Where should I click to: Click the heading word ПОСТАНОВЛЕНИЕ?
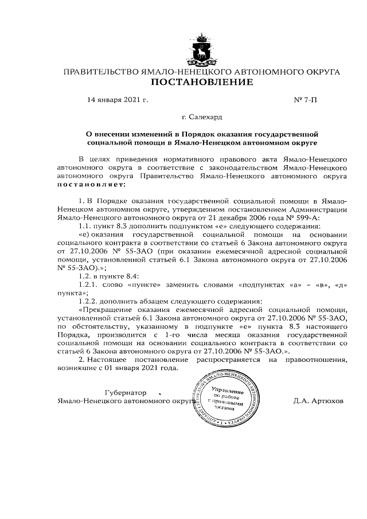(201, 83)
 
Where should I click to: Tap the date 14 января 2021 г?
(117, 100)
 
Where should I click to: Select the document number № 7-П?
(305, 100)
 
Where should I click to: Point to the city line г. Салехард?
(201, 118)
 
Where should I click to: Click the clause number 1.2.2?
(88, 301)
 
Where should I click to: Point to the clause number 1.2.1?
(89, 284)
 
